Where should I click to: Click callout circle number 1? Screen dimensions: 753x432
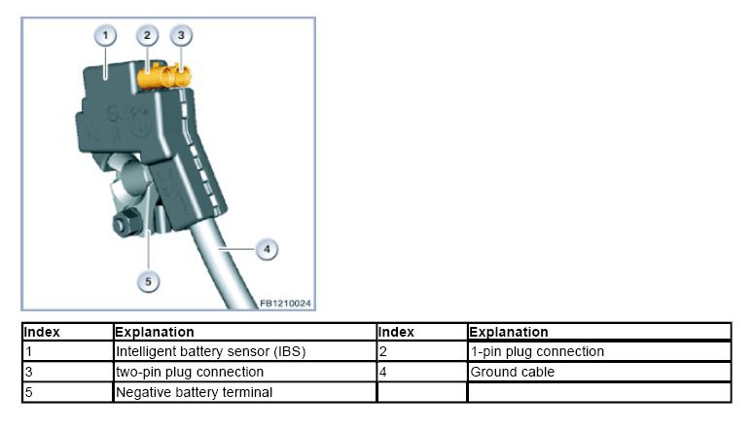click(106, 36)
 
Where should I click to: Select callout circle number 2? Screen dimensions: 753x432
click(148, 36)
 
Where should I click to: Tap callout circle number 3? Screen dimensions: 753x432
click(180, 36)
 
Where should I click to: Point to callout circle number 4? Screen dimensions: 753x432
click(266, 250)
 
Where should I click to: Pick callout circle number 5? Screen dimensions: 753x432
click(149, 282)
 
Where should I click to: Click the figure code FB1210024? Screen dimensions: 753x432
click(285, 304)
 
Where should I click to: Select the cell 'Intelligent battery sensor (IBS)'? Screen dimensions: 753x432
click(211, 351)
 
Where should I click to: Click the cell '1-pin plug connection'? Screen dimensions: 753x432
click(537, 351)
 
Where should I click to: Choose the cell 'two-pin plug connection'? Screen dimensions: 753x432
click(190, 372)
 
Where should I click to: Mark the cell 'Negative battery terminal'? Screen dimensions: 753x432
click(195, 392)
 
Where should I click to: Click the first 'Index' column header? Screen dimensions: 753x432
click(42, 332)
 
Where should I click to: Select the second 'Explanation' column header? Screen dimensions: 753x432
click(509, 332)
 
